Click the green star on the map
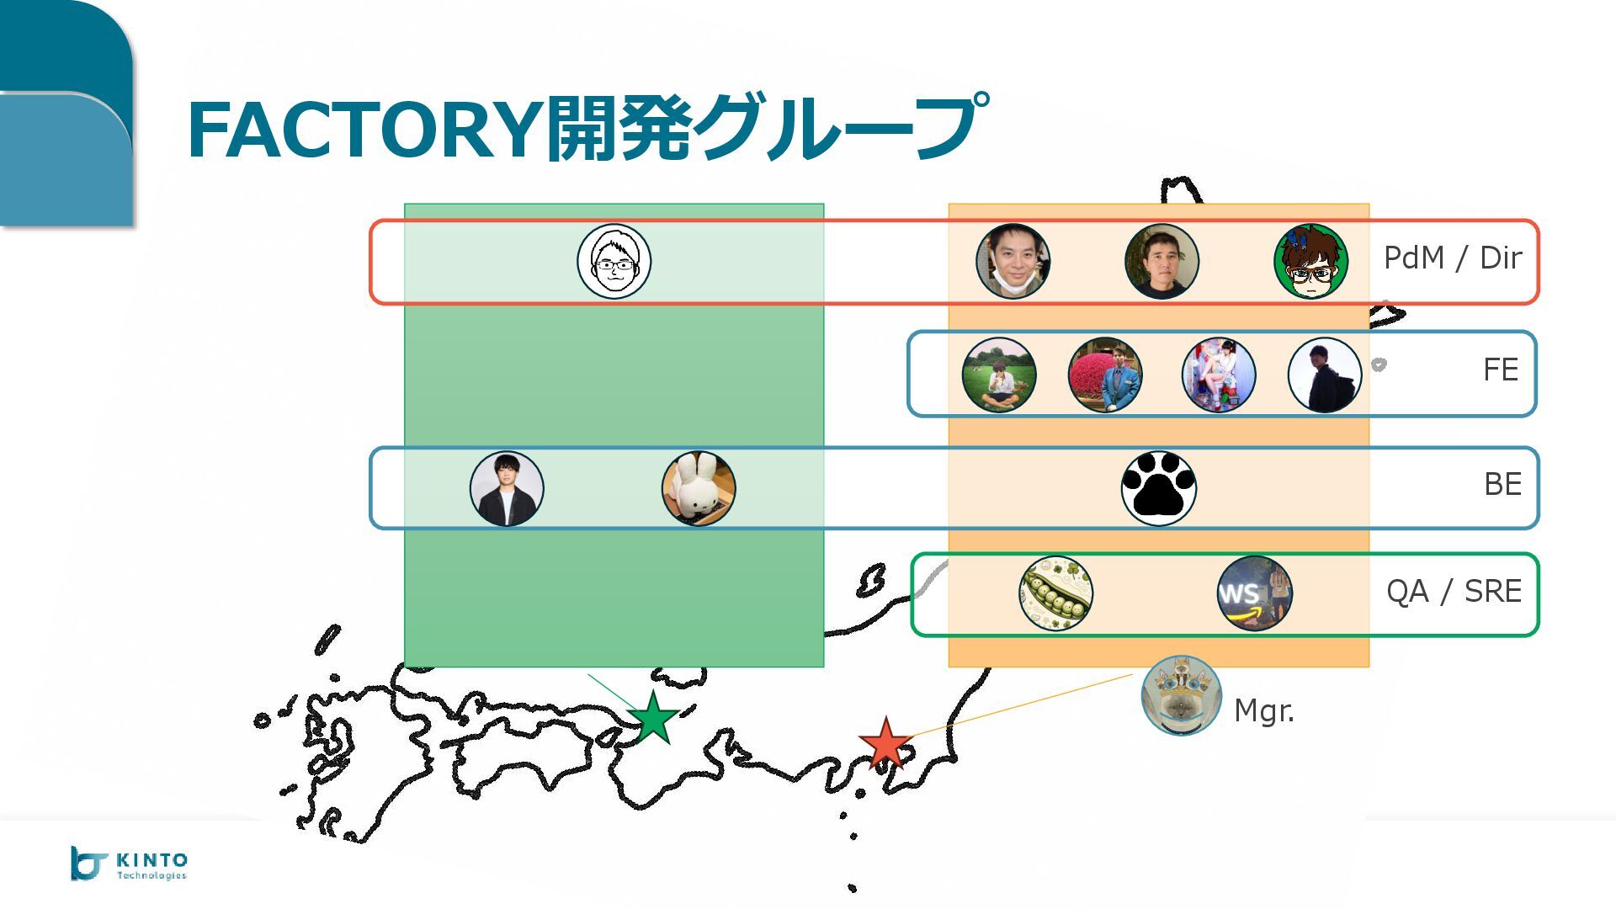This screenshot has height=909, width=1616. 653,719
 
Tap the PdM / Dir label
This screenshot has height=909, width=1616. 1453,258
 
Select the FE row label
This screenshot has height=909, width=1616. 1501,370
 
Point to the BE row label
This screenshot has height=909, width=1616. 1502,485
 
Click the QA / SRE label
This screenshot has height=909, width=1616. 1454,592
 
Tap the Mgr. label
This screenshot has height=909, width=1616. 1263,711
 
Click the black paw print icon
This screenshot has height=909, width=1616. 1159,488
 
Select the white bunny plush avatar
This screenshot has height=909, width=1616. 699,488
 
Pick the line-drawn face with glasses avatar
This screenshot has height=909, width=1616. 614,262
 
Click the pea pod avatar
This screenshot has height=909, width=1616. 1055,593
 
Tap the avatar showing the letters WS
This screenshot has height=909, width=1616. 1254,593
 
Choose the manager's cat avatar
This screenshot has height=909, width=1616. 1181,696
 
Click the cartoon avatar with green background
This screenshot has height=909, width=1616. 1310,262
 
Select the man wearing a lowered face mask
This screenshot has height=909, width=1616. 1013,262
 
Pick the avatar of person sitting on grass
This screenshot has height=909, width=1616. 999,375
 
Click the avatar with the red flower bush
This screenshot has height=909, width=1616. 1105,375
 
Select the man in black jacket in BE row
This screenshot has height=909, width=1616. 507,488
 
